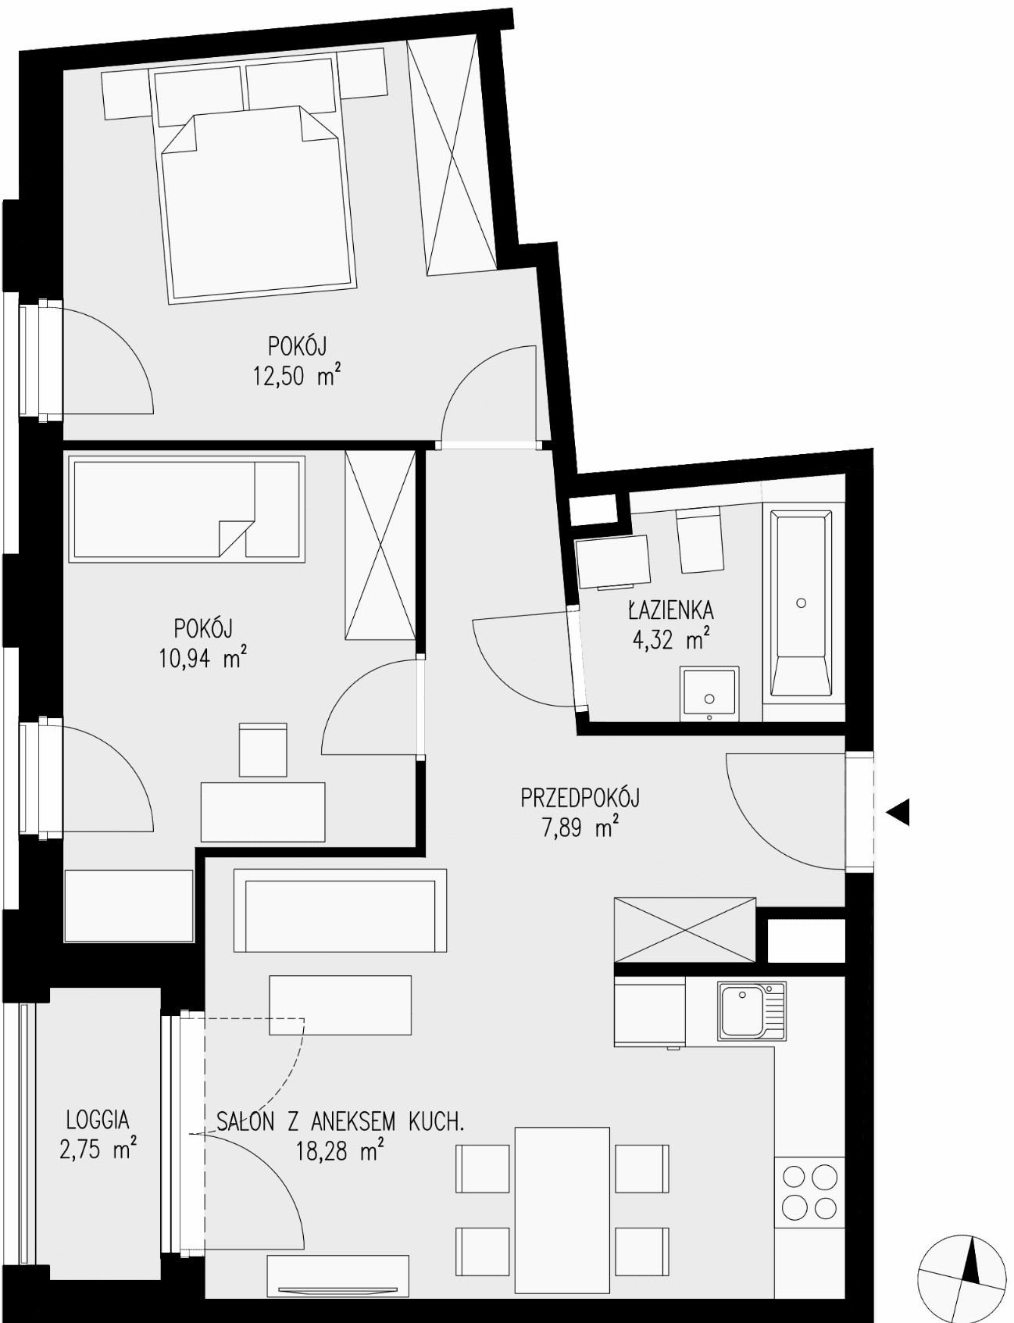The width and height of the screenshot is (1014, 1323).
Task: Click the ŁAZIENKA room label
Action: [669, 610]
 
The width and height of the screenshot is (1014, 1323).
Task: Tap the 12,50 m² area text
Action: [296, 377]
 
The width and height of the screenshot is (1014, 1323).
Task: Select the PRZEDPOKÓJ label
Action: [580, 799]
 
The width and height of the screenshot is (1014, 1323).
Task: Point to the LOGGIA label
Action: [98, 1120]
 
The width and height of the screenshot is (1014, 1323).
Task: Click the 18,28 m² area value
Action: [339, 1150]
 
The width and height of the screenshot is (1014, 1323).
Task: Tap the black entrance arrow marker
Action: [898, 813]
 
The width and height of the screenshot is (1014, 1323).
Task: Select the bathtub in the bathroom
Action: [801, 603]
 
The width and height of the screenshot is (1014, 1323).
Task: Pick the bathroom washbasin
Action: [709, 693]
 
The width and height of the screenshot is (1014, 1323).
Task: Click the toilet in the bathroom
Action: [698, 539]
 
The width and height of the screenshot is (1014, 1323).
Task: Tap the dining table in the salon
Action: [562, 1210]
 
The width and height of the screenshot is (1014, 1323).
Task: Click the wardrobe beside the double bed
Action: [452, 156]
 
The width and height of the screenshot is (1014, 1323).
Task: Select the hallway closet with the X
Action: [685, 930]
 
